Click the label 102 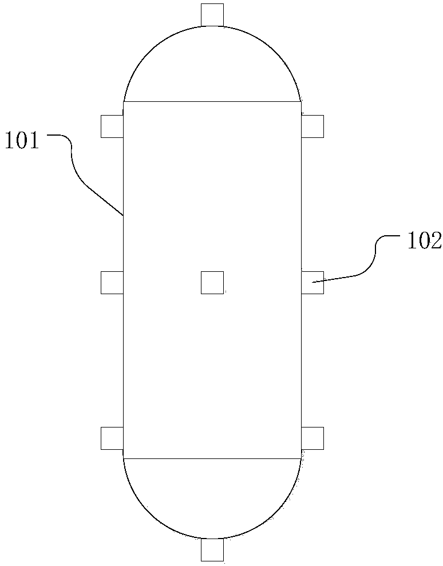point(424,241)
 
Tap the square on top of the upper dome point(212,14)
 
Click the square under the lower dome point(212,550)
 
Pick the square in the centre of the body point(212,283)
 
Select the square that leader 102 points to point(313,283)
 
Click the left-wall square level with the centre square point(112,283)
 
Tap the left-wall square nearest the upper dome point(112,126)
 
